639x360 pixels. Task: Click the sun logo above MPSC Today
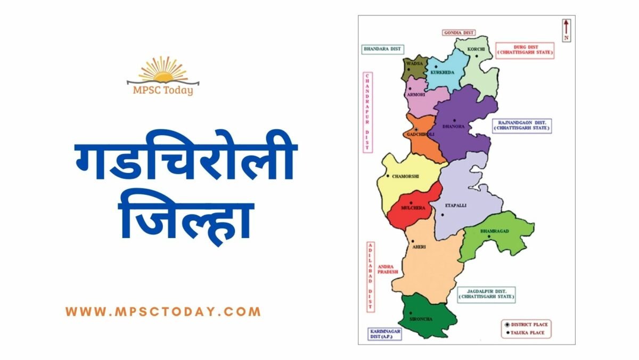coord(163,71)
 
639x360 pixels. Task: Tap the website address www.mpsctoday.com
coord(163,312)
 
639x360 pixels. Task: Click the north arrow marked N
coord(567,29)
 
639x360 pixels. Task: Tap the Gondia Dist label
coord(458,32)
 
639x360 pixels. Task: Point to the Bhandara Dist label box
coord(382,48)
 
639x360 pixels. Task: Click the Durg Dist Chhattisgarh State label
coord(525,50)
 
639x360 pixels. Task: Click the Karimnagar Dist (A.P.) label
coord(384,334)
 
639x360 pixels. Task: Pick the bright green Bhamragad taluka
coord(495,237)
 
